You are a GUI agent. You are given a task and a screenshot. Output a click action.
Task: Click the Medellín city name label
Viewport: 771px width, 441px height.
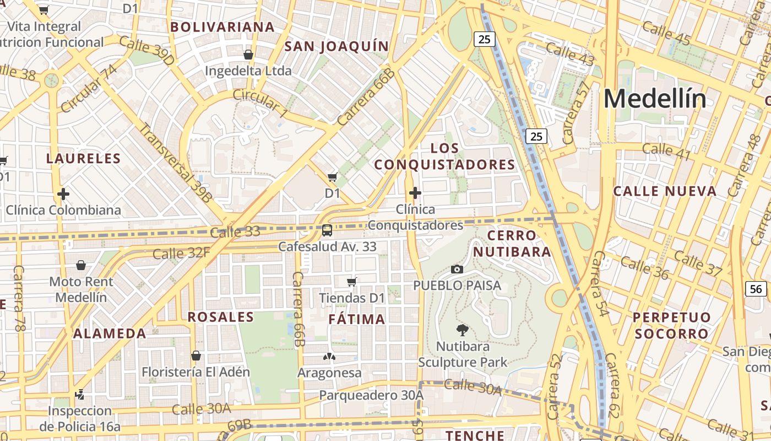655,99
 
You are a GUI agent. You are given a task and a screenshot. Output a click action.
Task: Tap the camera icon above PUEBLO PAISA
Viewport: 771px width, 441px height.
457,269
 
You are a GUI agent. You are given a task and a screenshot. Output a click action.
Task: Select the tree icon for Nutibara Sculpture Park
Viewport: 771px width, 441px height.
463,330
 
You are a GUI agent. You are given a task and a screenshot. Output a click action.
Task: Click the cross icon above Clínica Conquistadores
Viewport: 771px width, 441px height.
415,193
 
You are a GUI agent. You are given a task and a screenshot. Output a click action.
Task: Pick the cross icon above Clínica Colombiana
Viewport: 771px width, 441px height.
63,194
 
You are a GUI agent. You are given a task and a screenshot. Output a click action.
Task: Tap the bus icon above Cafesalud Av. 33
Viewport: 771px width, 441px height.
327,230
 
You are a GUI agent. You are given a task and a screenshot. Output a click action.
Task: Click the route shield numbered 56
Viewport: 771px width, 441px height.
757,288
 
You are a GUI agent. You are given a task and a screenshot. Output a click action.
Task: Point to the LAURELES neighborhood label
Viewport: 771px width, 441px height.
84,159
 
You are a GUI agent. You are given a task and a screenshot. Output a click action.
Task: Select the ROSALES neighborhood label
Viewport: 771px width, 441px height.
221,317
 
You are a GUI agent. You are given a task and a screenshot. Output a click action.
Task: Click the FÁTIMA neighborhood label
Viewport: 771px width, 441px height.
357,319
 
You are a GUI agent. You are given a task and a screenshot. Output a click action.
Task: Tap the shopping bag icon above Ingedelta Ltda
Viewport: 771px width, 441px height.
248,55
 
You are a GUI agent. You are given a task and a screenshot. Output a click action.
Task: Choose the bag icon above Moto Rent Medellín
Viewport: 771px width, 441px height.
81,265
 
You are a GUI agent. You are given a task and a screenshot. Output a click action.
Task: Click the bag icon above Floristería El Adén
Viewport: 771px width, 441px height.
196,356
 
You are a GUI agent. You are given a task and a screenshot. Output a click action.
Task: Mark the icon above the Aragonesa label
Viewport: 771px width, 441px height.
329,357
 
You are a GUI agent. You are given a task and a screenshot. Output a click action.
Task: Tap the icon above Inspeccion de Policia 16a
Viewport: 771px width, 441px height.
80,394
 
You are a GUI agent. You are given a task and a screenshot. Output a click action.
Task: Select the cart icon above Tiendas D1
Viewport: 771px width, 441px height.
352,282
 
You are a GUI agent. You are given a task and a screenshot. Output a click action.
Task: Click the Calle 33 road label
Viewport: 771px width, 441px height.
235,232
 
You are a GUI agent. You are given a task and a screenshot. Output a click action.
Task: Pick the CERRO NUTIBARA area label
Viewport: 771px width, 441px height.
512,244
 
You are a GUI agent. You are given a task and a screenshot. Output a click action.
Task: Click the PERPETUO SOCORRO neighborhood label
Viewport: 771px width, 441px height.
672,325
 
